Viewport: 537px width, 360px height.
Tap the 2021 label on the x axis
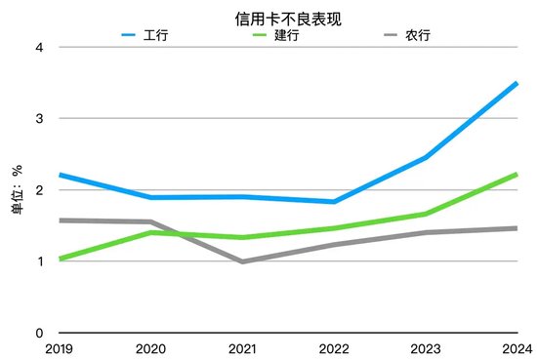(242, 349)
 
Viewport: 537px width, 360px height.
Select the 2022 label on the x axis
(334, 349)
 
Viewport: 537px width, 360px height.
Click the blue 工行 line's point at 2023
(426, 157)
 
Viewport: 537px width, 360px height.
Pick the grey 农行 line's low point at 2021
(242, 261)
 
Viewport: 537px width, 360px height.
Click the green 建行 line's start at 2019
(59, 259)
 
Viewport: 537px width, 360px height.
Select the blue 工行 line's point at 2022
(334, 202)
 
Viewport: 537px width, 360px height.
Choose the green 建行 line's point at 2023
(426, 214)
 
